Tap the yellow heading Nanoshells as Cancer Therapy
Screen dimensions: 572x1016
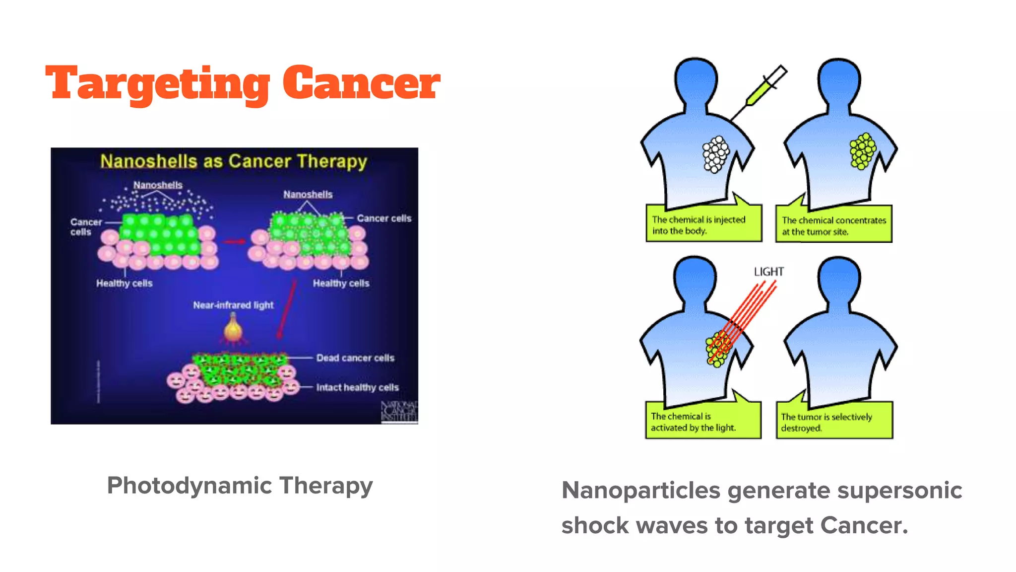[234, 161]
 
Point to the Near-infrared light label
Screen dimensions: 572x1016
[233, 305]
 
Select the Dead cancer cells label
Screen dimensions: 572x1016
[355, 357]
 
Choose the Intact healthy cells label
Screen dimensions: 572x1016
[357, 387]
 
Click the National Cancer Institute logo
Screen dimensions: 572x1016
[399, 412]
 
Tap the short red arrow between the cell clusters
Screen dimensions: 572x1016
[234, 241]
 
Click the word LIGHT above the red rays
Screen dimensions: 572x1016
[769, 272]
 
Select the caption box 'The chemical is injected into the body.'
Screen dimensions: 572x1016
[703, 224]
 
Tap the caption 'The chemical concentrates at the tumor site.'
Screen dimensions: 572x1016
[833, 225]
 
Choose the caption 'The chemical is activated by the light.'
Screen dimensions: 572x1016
[702, 422]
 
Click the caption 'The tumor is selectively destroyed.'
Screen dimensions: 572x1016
[834, 422]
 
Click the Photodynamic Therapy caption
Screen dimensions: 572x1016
[240, 486]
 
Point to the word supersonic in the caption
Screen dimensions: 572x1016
[899, 491]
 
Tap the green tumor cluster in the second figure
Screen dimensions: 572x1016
[863, 150]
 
